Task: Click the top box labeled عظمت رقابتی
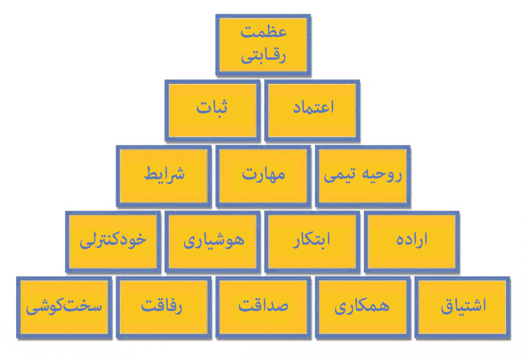point(263,45)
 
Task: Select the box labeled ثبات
point(212,110)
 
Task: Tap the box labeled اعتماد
point(312,110)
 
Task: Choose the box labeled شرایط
point(163,176)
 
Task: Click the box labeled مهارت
point(263,176)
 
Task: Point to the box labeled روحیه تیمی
point(362,176)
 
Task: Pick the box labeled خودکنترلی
point(113,242)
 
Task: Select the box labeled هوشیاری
point(212,242)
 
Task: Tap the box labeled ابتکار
point(312,242)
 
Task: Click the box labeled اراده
point(412,242)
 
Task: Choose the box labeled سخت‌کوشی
point(64,307)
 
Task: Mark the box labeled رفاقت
point(163,307)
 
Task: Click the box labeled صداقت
point(263,307)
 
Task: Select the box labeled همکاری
point(362,307)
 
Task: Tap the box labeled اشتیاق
point(462,307)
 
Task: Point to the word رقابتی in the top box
point(263,55)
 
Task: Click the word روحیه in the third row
point(382,174)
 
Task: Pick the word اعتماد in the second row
point(313,107)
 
